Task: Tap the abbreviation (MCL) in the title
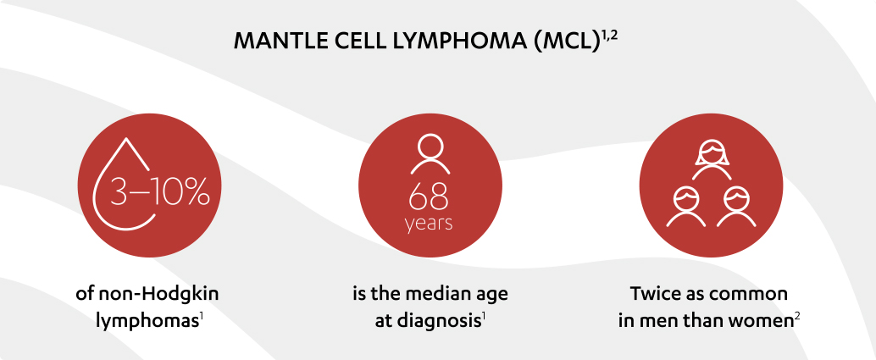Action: tap(562, 42)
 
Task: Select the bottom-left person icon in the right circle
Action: tap(684, 207)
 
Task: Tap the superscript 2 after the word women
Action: tap(798, 318)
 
